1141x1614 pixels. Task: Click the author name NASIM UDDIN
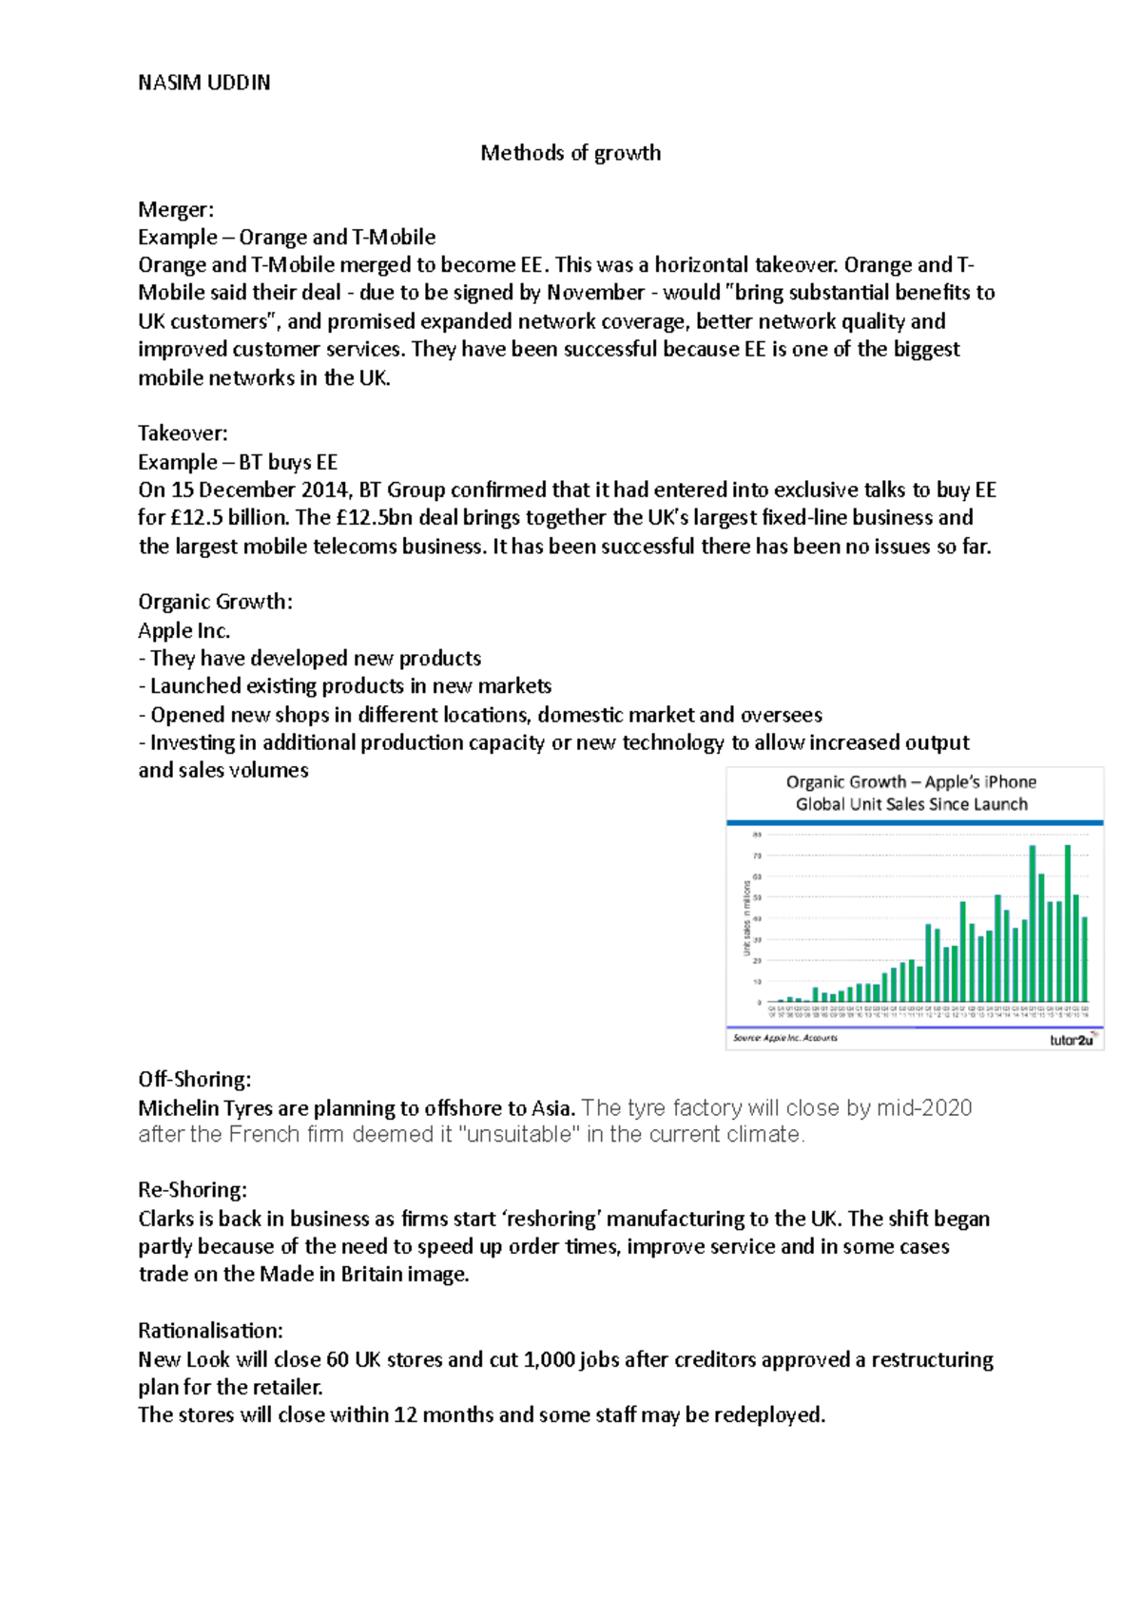pos(203,83)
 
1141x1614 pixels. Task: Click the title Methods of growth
pos(570,153)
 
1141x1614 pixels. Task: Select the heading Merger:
pos(176,209)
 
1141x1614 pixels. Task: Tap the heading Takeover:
pos(183,433)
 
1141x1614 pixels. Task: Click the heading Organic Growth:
pos(215,602)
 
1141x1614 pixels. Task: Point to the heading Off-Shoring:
pos(194,1079)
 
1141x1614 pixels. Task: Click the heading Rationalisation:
pos(210,1330)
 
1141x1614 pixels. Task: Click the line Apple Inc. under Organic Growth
pos(184,630)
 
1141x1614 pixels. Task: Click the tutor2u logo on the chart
pos(1073,1040)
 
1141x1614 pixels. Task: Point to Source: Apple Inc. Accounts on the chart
pos(785,1038)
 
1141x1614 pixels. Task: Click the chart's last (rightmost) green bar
pos(1085,959)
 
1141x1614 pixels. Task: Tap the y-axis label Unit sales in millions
pos(746,918)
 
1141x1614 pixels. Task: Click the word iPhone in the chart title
pos(1010,782)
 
